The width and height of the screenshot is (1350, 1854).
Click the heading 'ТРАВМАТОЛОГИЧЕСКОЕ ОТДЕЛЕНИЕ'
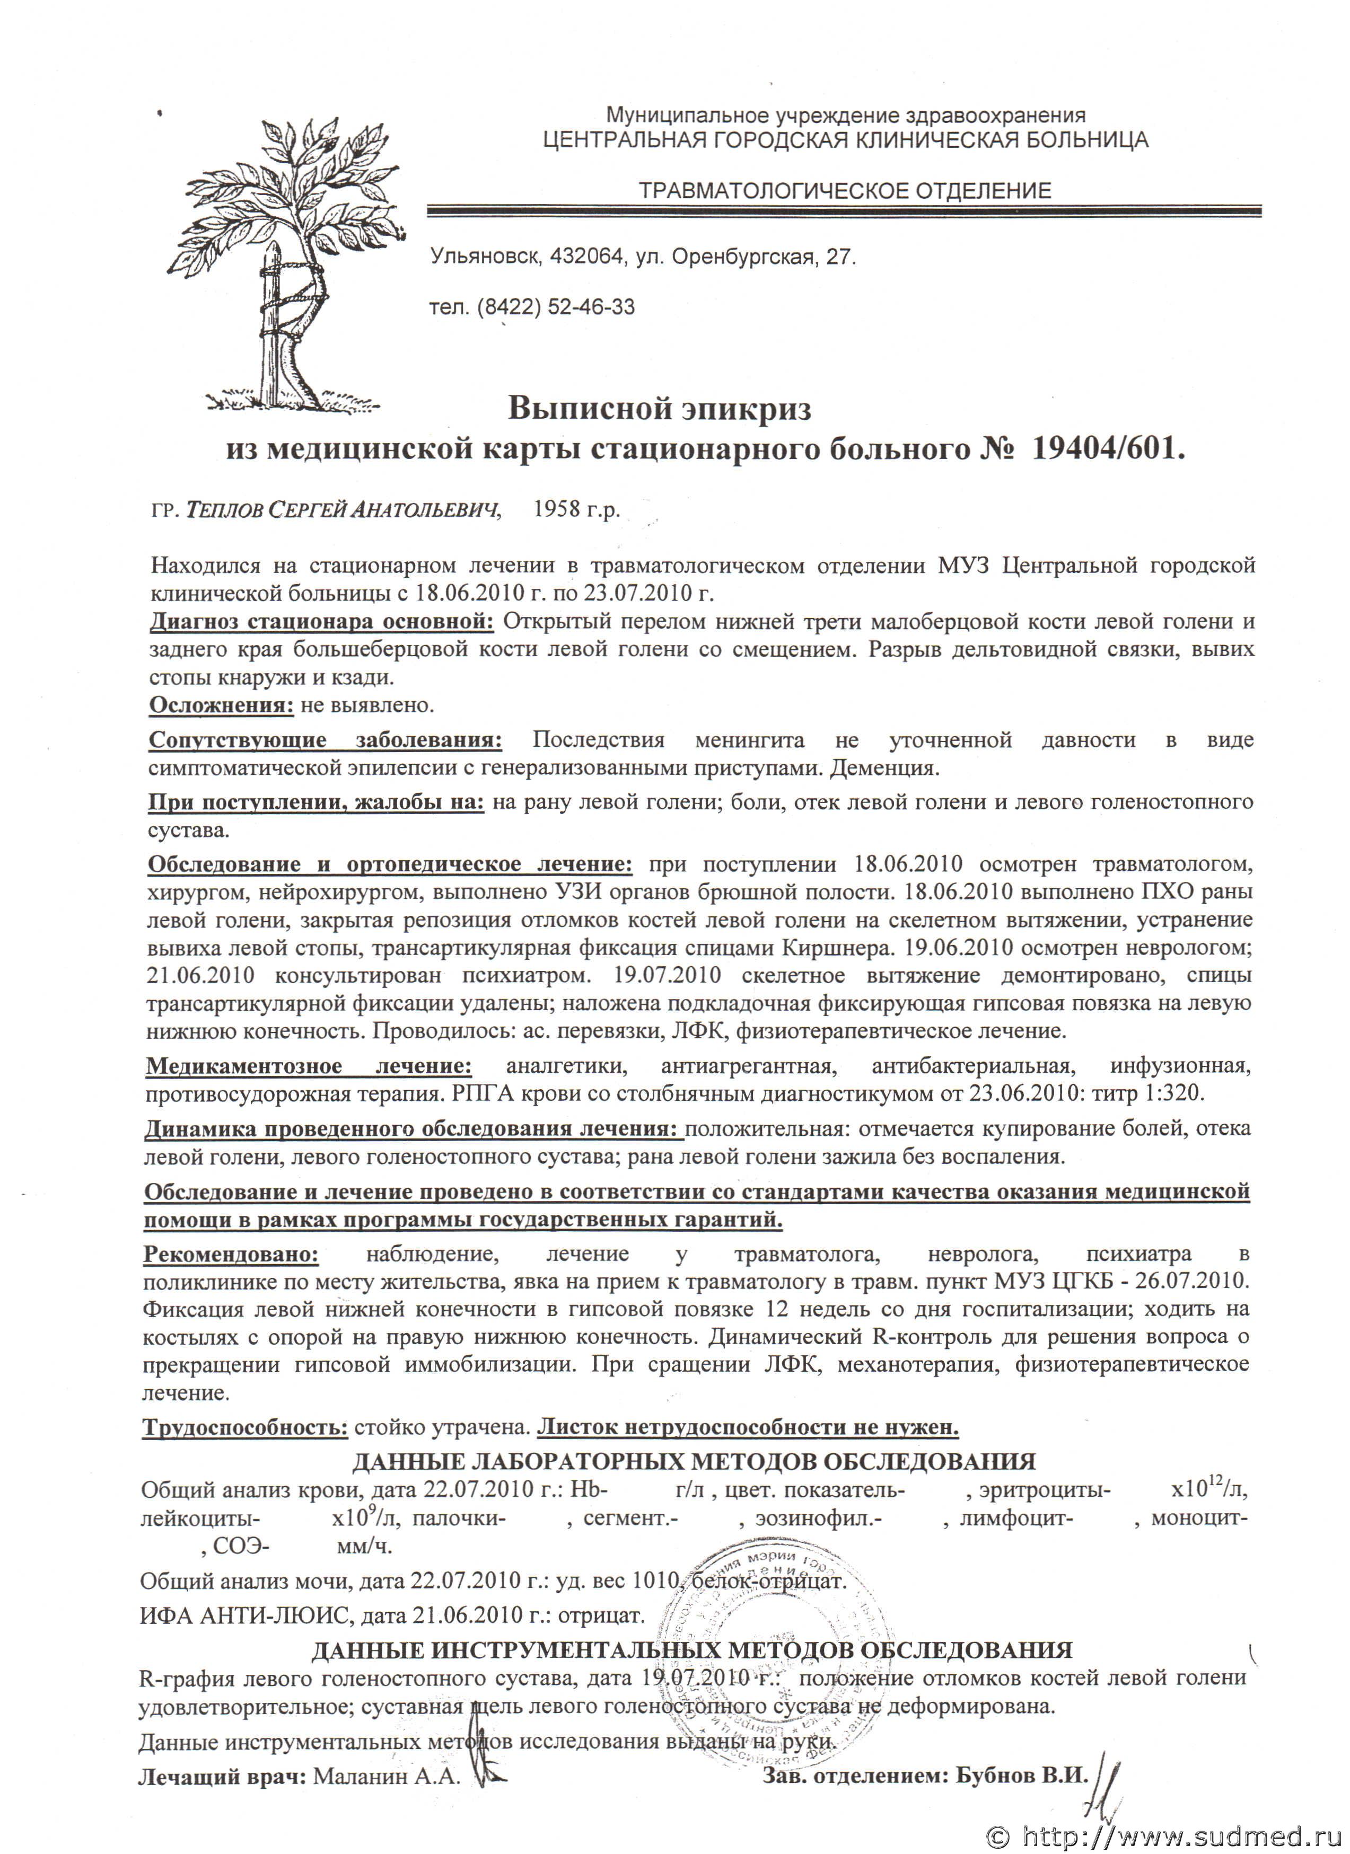[845, 191]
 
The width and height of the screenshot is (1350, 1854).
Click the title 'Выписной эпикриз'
[659, 407]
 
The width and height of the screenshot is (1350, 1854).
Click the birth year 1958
[556, 510]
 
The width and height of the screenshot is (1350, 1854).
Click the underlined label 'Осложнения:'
[221, 704]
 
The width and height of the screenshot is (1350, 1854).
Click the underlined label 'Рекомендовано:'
[231, 1254]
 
